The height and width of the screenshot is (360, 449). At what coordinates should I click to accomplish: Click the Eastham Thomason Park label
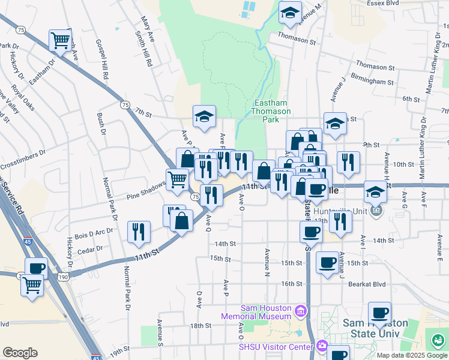point(271,111)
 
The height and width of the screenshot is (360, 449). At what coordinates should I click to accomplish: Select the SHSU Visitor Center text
point(276,347)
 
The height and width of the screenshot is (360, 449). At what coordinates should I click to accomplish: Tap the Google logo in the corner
point(20,352)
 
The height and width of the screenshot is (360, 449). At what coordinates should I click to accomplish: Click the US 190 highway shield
point(63,277)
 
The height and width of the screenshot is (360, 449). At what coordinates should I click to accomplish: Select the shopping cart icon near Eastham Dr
point(61,41)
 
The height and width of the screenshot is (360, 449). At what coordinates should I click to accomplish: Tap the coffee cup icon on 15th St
point(327,262)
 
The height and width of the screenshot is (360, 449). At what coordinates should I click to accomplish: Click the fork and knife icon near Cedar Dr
point(139,231)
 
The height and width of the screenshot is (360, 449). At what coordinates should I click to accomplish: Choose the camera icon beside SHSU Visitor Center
point(322,346)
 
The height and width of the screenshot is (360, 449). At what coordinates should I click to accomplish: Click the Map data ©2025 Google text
point(411,355)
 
